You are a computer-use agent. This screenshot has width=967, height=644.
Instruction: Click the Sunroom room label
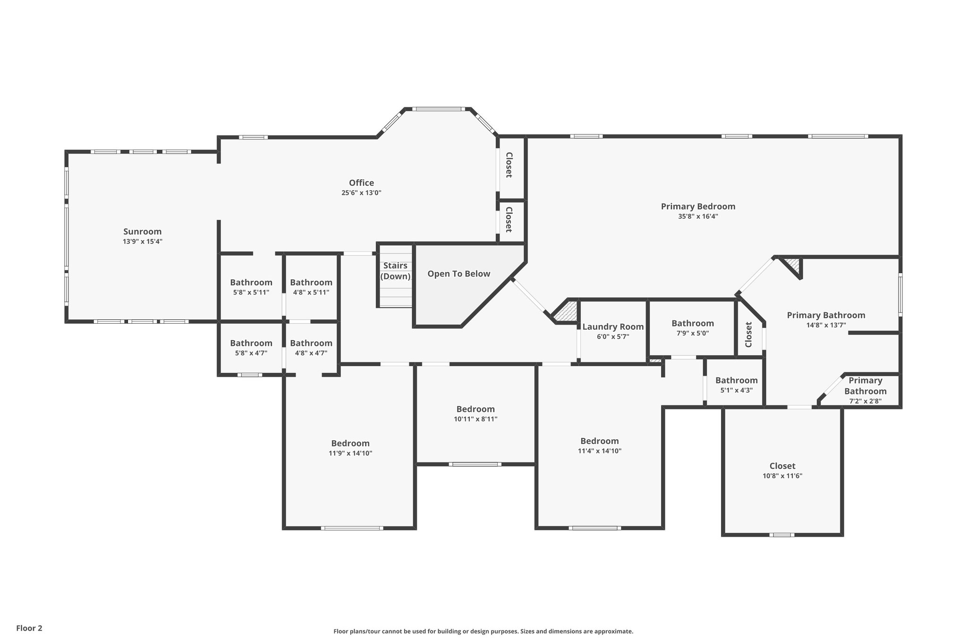[142, 232]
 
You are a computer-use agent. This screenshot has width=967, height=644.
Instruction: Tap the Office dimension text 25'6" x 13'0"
[361, 193]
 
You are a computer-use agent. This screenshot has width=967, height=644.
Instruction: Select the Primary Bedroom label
[697, 207]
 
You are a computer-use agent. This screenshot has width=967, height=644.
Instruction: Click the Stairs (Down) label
[395, 271]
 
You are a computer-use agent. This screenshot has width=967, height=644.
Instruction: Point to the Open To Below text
[458, 274]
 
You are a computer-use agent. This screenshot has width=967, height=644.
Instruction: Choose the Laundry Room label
[612, 327]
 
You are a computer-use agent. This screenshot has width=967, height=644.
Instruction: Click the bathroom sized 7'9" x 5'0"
[692, 327]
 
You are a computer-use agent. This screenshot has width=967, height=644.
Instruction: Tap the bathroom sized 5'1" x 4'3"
[736, 385]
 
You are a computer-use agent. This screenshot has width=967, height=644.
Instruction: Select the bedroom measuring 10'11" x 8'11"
[475, 413]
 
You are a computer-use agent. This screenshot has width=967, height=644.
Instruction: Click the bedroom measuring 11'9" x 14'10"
[350, 448]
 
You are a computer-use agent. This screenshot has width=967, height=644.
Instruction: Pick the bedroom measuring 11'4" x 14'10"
[599, 445]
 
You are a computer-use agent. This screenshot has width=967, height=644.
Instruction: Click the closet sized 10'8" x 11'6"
[782, 470]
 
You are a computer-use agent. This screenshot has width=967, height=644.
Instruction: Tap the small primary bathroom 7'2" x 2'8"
[865, 391]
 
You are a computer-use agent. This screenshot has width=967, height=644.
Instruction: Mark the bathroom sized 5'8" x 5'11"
[251, 287]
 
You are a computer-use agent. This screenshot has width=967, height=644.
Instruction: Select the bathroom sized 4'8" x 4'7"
[311, 347]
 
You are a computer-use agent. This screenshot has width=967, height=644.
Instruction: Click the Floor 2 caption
[29, 628]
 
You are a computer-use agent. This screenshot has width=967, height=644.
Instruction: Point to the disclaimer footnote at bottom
[483, 631]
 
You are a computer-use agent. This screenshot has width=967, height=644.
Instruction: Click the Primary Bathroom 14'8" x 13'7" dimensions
[826, 325]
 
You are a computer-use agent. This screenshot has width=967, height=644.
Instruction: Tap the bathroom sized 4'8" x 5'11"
[311, 287]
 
